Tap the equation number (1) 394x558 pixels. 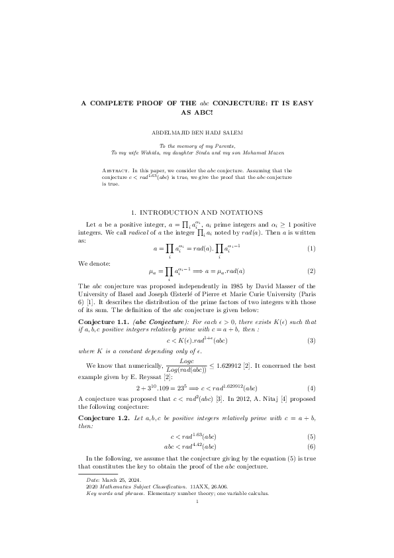(311, 249)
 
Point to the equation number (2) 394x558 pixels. (311, 271)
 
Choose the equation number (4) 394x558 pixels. (311, 368)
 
